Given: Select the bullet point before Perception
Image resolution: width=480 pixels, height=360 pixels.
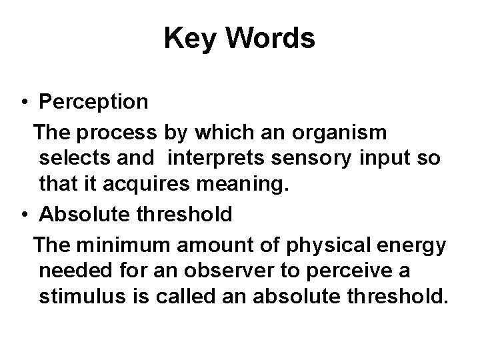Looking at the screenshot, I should (23, 102).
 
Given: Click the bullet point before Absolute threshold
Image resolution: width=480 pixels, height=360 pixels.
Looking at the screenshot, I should (23, 215).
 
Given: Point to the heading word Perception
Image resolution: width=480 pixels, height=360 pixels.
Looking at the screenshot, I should (94, 102).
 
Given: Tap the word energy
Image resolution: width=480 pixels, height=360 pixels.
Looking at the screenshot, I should (419, 245).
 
